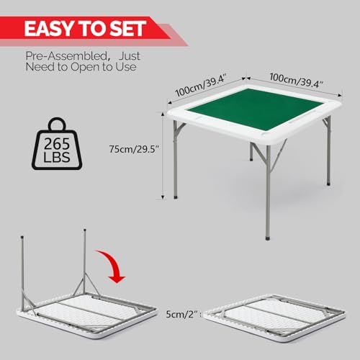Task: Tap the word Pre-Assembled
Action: (x=66, y=57)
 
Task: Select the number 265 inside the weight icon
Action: (x=57, y=144)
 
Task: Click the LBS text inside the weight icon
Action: (x=57, y=157)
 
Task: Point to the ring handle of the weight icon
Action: (x=57, y=122)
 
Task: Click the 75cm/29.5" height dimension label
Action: (x=135, y=149)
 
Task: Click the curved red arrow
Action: (x=113, y=265)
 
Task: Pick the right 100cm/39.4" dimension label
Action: (x=297, y=81)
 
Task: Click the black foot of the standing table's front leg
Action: (x=268, y=239)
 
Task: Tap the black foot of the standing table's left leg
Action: (x=176, y=197)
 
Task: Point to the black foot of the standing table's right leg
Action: (x=328, y=184)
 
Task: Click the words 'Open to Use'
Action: (x=104, y=67)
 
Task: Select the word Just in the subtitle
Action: (x=130, y=56)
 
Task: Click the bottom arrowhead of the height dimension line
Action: (x=163, y=197)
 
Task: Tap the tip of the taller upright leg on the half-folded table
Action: (x=84, y=230)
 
